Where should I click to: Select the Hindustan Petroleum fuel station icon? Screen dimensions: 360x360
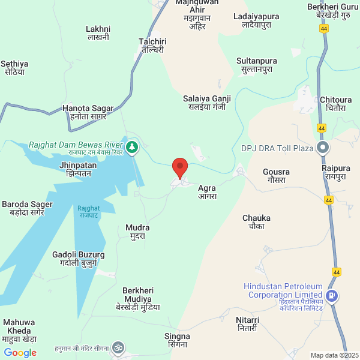(x=332, y=296)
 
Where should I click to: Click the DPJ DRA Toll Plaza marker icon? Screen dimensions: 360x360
(x=323, y=148)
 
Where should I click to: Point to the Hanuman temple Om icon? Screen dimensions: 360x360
(x=118, y=347)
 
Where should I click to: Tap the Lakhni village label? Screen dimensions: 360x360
(x=98, y=32)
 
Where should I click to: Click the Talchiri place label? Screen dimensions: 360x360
(x=152, y=46)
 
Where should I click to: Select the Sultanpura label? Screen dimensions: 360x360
(x=257, y=65)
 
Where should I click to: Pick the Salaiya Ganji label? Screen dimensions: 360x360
(x=207, y=102)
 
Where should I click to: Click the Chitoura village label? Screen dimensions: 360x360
(x=336, y=104)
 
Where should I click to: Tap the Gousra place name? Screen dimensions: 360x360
(x=277, y=176)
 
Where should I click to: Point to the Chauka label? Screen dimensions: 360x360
(x=256, y=222)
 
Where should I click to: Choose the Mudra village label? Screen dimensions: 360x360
(x=137, y=232)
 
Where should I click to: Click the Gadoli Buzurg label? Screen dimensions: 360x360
(x=79, y=259)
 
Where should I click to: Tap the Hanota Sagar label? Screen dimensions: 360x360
(x=88, y=112)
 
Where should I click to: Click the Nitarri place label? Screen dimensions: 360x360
(x=247, y=324)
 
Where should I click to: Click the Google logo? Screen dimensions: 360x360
(x=20, y=353)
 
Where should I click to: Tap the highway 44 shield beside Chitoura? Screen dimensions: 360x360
(x=322, y=128)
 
